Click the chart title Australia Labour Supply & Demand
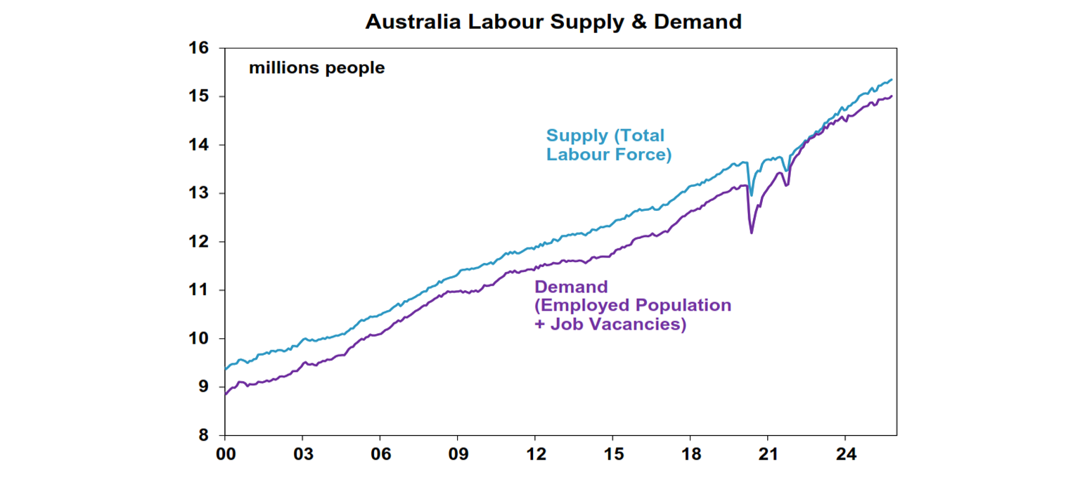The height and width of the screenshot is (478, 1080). (x=553, y=22)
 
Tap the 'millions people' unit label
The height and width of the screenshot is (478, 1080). (x=316, y=68)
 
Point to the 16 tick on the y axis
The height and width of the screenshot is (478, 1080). (x=199, y=49)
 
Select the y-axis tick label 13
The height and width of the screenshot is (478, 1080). (x=199, y=193)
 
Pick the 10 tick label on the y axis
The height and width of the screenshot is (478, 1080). (x=199, y=339)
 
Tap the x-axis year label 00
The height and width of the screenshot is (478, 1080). (x=225, y=455)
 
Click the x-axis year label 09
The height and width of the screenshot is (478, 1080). (x=458, y=455)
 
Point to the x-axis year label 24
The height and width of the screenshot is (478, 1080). (x=846, y=455)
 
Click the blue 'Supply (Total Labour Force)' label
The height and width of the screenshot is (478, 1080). (x=608, y=145)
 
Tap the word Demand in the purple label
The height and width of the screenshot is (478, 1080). (x=571, y=287)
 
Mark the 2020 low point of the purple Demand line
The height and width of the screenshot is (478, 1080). (x=752, y=233)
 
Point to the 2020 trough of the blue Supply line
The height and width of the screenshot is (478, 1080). (x=752, y=195)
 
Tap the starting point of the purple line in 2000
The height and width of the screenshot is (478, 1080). (x=225, y=394)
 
